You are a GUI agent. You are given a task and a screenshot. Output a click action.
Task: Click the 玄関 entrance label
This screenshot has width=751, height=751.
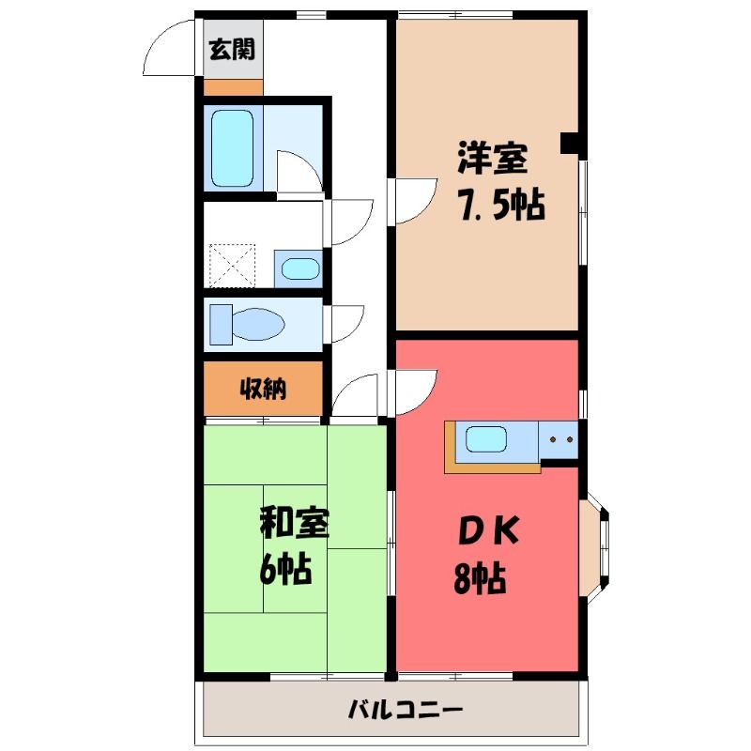pos(232,49)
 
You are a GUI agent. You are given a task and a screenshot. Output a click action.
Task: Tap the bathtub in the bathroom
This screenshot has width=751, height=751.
pos(232,148)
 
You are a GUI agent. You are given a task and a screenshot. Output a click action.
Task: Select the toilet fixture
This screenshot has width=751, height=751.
pos(247,324)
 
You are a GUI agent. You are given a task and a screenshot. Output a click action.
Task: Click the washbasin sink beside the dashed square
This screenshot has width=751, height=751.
pos(300,268)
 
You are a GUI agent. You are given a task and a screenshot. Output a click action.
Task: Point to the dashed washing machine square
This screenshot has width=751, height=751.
pos(232,266)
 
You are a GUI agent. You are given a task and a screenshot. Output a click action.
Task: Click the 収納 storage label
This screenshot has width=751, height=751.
pos(263,389)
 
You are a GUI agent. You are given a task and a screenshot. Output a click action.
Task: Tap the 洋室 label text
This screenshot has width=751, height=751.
pos(492,158)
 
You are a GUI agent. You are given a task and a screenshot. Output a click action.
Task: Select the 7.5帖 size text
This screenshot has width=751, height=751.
pos(501,205)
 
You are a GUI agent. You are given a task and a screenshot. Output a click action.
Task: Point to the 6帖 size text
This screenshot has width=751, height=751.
pos(285,568)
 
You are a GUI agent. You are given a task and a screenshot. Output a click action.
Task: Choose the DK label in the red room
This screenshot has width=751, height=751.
pos(488,530)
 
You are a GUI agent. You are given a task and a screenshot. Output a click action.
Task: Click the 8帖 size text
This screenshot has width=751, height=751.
pos(480,577)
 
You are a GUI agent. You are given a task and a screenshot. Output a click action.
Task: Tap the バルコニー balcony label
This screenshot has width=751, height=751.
pos(406,710)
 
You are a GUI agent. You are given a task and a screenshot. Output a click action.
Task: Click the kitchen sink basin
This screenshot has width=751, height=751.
pos(486,439)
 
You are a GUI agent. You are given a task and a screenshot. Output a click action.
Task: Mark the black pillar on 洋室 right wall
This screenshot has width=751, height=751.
pos(570,143)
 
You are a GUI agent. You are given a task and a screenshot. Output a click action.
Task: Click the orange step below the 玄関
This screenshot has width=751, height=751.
pos(233,87)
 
